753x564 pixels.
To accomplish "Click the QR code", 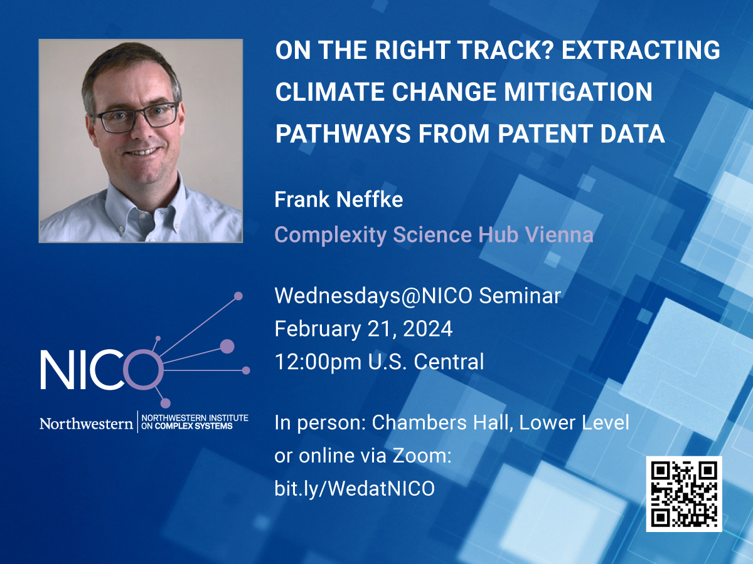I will point(684,494).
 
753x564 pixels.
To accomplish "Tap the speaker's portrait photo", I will point(141,141).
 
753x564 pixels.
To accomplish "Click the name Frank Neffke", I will point(339,200).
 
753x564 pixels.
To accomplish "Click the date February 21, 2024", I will point(363,329).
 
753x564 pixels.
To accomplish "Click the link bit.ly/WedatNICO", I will point(355,489).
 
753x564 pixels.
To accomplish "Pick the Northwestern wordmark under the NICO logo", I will point(86,424).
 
